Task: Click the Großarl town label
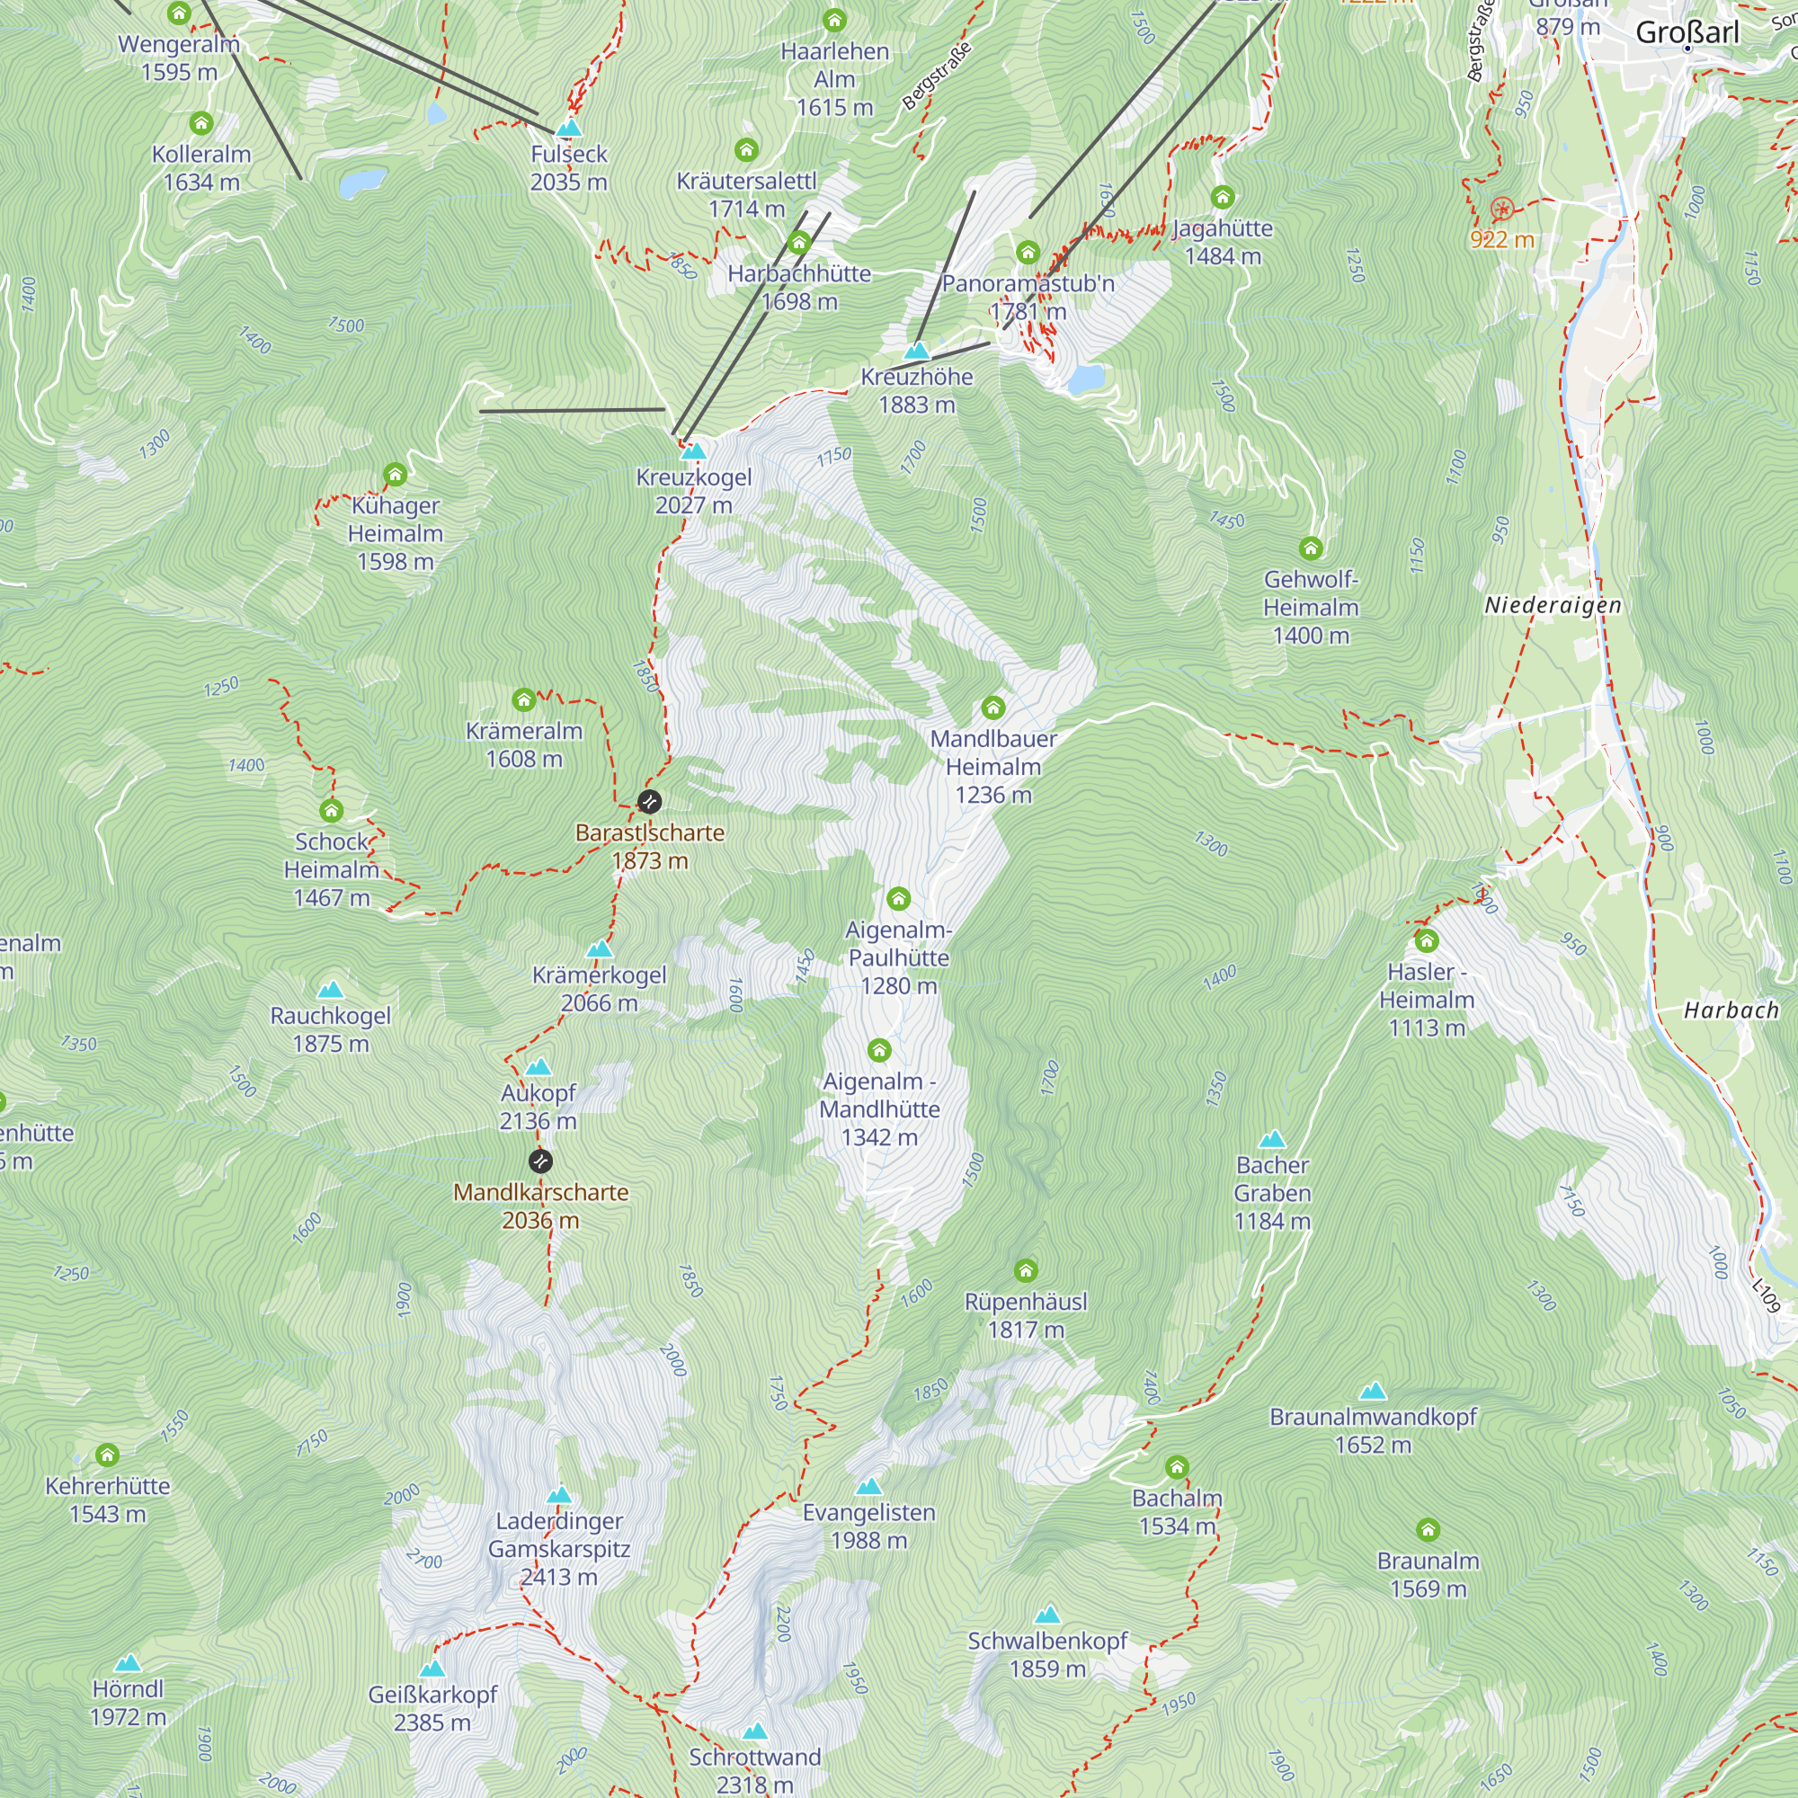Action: (x=1687, y=32)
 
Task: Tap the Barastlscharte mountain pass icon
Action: (x=650, y=801)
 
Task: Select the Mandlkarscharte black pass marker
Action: (x=540, y=1161)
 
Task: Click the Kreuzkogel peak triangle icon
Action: (x=693, y=452)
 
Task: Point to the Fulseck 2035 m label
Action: (x=569, y=167)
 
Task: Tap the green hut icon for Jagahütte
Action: (x=1222, y=197)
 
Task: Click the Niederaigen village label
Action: (x=1553, y=606)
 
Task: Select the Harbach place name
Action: (x=1731, y=1010)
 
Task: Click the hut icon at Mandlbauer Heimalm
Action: (x=993, y=708)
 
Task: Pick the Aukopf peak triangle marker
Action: (x=538, y=1067)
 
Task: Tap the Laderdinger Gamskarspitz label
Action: (x=559, y=1549)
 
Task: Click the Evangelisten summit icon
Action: (x=868, y=1486)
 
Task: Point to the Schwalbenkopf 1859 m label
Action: (x=1047, y=1655)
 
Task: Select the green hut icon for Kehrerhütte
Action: (x=108, y=1455)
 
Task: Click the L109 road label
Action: (x=1766, y=1296)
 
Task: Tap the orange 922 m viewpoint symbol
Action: (x=1501, y=209)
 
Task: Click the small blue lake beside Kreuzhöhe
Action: (x=1085, y=378)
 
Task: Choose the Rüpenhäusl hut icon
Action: (x=1026, y=1270)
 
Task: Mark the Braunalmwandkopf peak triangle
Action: (x=1373, y=1393)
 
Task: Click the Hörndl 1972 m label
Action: (x=128, y=1702)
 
